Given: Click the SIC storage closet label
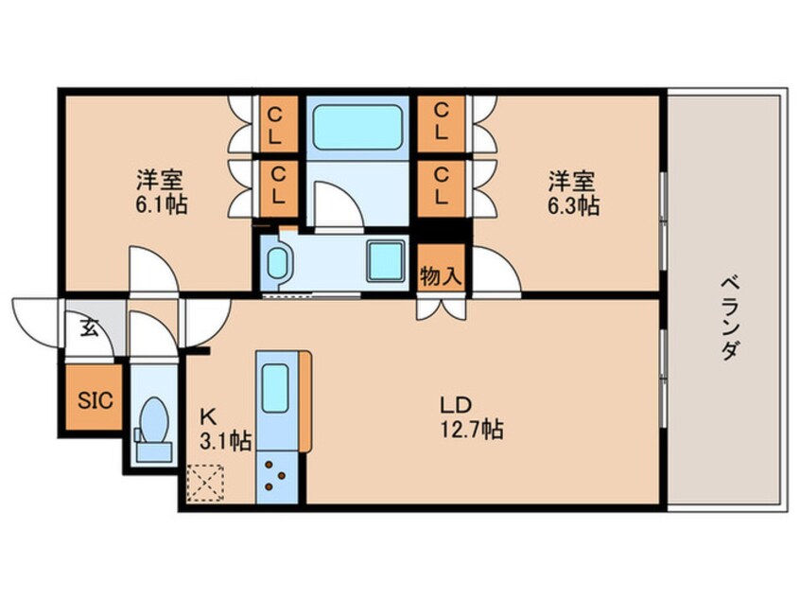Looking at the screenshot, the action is coord(96,399).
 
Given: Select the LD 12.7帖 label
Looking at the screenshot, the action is coord(472,417).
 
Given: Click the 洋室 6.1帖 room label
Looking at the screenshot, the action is coord(161,192).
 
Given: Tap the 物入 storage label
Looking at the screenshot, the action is coord(441,276).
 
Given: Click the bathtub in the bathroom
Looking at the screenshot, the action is coord(357,127).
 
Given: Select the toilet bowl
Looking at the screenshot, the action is coord(153,420).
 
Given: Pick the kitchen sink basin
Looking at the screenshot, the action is coord(275,388).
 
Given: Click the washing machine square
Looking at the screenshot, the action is coord(386,261).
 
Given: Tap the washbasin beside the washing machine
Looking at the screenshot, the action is coord(278,263).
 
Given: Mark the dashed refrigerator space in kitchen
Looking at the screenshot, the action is coord(205,482).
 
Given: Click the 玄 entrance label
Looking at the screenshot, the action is coord(89,328).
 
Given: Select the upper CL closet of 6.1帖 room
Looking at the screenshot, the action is coord(275,126).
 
